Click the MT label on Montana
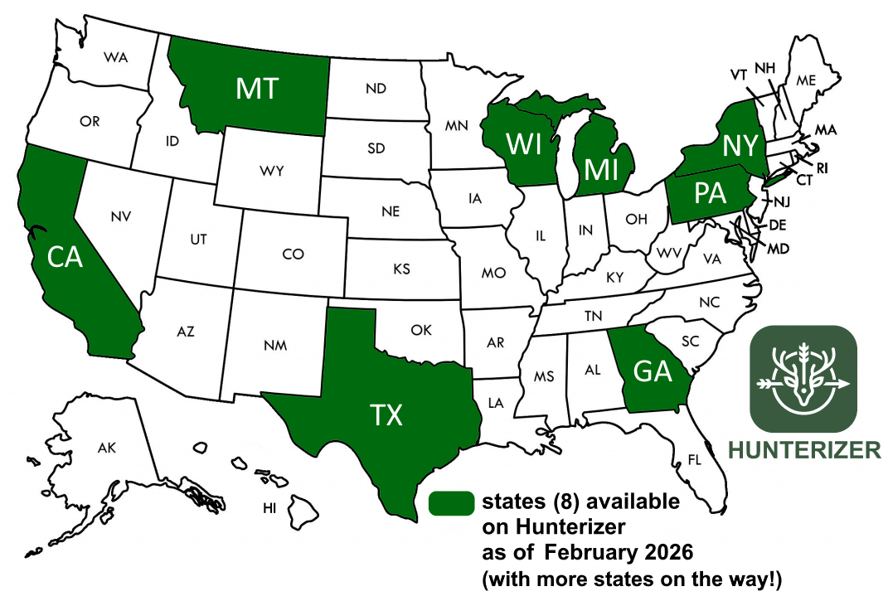pyautogui.click(x=256, y=88)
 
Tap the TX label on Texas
pyautogui.click(x=386, y=414)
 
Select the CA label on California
pyautogui.click(x=65, y=258)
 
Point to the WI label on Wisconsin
pyautogui.click(x=525, y=143)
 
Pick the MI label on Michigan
pyautogui.click(x=600, y=168)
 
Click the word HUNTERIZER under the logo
pyautogui.click(x=804, y=450)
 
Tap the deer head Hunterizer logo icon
pyautogui.click(x=803, y=379)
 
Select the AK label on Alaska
pyautogui.click(x=106, y=448)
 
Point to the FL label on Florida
pyautogui.click(x=694, y=458)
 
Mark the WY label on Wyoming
pyautogui.click(x=271, y=172)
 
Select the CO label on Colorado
pyautogui.click(x=293, y=254)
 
